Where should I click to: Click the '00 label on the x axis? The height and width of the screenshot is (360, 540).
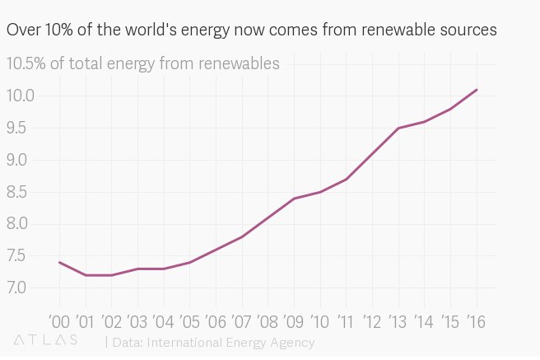[x=59, y=320]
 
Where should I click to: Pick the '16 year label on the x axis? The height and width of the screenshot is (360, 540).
[x=475, y=320]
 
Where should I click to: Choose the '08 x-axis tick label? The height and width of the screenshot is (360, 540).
[x=268, y=320]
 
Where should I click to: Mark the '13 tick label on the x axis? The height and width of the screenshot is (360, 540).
[x=398, y=320]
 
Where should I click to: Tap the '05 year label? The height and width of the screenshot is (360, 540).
[x=189, y=320]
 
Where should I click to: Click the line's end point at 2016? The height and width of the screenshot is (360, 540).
[x=477, y=90]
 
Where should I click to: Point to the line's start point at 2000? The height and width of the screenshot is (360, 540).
[x=60, y=262]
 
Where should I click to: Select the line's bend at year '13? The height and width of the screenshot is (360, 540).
[x=398, y=128]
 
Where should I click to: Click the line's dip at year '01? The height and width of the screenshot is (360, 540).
[x=86, y=275]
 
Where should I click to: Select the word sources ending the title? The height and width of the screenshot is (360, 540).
[x=467, y=30]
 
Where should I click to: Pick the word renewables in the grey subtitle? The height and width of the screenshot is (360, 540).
[x=240, y=63]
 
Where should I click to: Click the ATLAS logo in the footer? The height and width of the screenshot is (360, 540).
[x=46, y=339]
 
